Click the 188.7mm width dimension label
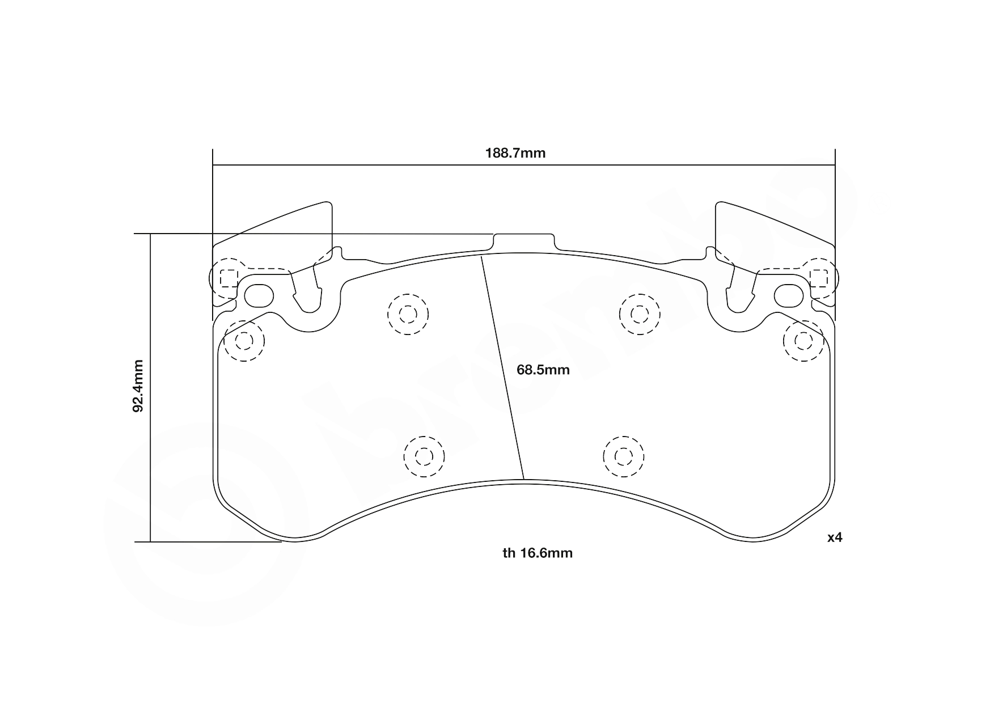pyautogui.click(x=515, y=153)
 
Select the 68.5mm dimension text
pyautogui.click(x=543, y=370)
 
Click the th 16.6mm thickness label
pyautogui.click(x=538, y=553)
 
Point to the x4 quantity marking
pyautogui.click(x=834, y=537)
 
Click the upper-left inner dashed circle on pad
pyautogui.click(x=408, y=314)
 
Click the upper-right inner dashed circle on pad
pyautogui.click(x=640, y=314)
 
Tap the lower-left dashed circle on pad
pyautogui.click(x=424, y=456)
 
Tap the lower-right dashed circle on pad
pyautogui.click(x=624, y=456)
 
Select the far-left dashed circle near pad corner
pyautogui.click(x=244, y=341)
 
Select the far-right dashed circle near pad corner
pyautogui.click(x=803, y=341)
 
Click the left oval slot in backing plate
pyautogui.click(x=259, y=295)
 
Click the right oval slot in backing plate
pyautogui.click(x=789, y=295)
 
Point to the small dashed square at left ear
pyautogui.click(x=228, y=278)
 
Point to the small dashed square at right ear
pyautogui.click(x=819, y=278)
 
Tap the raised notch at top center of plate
pyautogui.click(x=523, y=241)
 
